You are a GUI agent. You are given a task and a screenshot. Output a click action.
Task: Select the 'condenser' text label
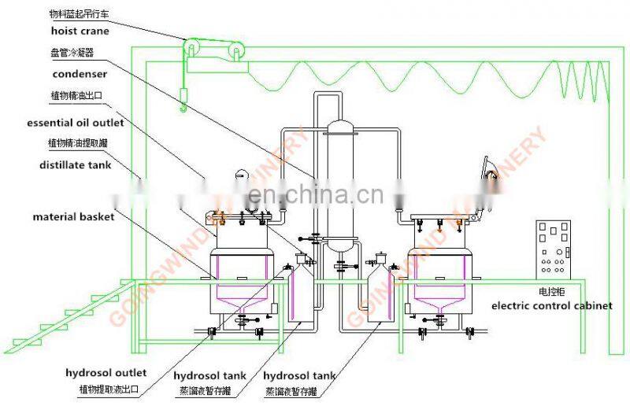point(79,74)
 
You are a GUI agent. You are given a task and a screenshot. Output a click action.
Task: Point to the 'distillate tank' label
point(75,164)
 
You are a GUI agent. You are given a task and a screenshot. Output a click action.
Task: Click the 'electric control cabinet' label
point(551,305)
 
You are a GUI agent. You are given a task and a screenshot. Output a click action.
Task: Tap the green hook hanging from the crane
point(183,101)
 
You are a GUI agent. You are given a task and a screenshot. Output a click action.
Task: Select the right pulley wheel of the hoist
point(235,52)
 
